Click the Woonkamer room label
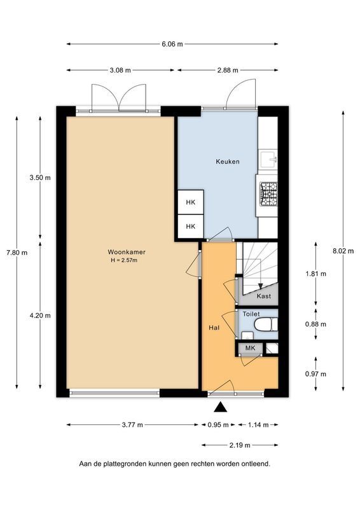[122, 252]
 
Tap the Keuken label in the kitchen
[228, 162]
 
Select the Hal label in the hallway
[214, 328]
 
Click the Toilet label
[251, 314]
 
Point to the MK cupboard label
[250, 348]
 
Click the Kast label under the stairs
[263, 296]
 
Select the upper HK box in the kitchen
[190, 202]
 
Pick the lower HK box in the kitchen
[190, 226]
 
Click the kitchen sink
[268, 159]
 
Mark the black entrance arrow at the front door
[221, 407]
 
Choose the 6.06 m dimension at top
[172, 44]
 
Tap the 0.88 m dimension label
[315, 324]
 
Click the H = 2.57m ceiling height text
[123, 260]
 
